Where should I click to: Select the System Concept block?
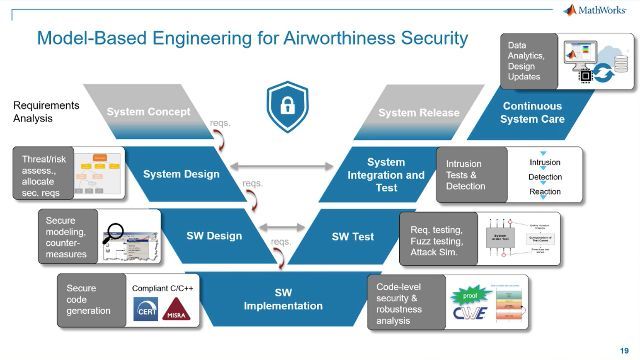click(x=149, y=112)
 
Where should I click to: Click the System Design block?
click(x=181, y=174)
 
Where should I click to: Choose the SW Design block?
click(x=213, y=236)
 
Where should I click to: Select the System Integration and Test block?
click(x=386, y=174)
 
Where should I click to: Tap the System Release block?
click(x=416, y=112)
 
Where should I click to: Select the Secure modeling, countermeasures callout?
click(x=68, y=237)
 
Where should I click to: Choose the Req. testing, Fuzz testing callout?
click(x=433, y=237)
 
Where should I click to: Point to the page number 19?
click(x=624, y=349)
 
